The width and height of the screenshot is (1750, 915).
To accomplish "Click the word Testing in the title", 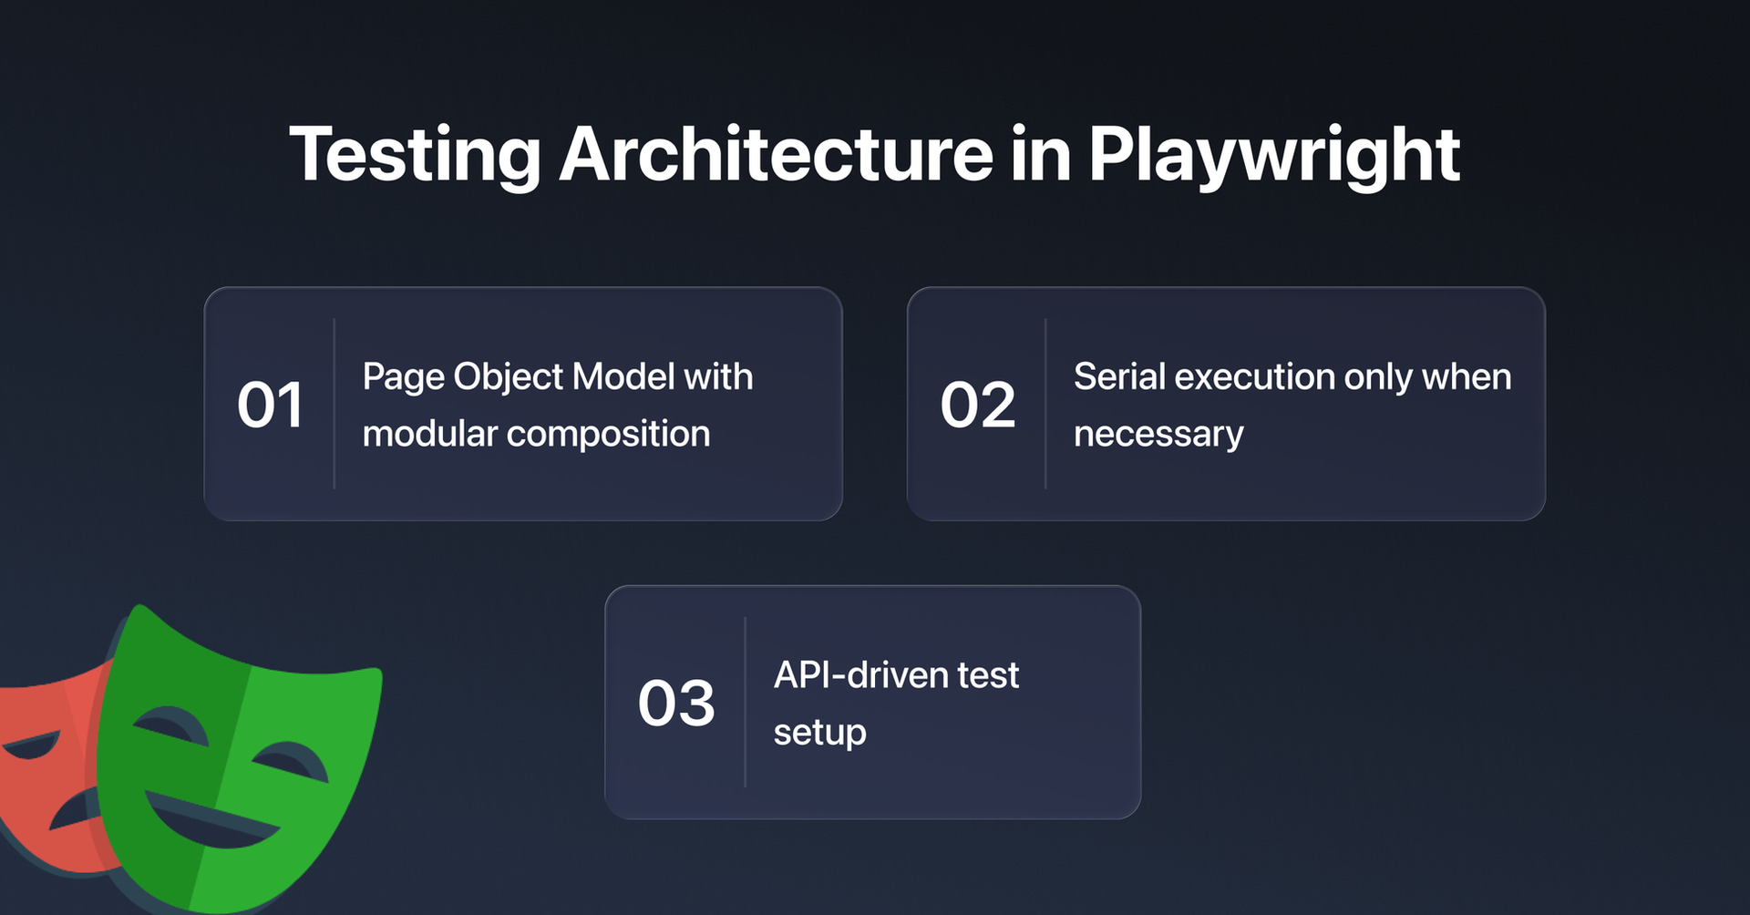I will pyautogui.click(x=416, y=155).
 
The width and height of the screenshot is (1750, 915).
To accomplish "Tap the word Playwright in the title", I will pyautogui.click(x=1273, y=155).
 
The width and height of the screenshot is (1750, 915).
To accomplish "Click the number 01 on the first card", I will pyautogui.click(x=270, y=405).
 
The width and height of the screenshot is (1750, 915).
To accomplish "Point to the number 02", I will pyautogui.click(x=977, y=405).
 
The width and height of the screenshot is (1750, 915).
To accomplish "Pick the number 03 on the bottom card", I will pyautogui.click(x=676, y=703).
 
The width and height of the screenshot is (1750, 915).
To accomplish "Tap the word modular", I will pyautogui.click(x=429, y=434).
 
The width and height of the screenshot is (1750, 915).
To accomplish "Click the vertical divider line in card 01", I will pyautogui.click(x=335, y=404).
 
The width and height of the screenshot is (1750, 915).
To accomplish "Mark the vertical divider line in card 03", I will pyautogui.click(x=746, y=702).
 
